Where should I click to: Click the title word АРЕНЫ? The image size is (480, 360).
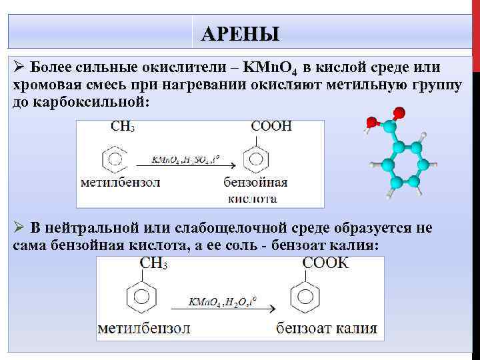(240, 33)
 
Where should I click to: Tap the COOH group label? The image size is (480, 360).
(271, 127)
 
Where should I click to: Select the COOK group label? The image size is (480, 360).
(325, 262)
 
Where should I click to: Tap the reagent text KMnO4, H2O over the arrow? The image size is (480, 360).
(221, 301)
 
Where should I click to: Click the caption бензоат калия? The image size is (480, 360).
(327, 329)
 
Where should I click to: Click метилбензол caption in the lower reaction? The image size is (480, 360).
(144, 329)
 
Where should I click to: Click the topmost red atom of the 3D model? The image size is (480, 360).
(398, 112)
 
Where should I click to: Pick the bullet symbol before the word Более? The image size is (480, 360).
(19, 68)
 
